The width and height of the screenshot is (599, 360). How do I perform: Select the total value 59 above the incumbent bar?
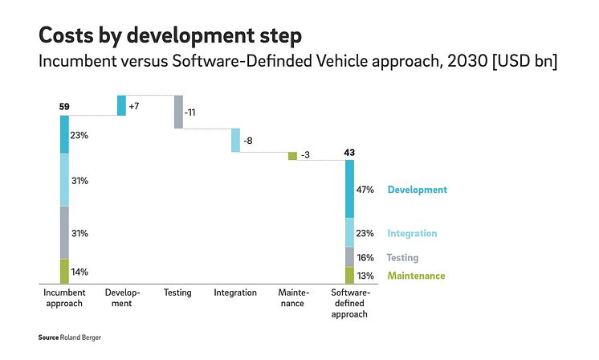(x=64, y=106)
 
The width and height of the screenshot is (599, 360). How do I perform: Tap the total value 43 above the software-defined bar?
(x=349, y=152)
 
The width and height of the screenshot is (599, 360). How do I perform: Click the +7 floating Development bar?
(x=121, y=105)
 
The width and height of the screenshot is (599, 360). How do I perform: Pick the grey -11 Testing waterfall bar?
(x=178, y=112)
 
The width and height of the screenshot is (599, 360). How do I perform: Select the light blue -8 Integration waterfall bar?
(x=235, y=140)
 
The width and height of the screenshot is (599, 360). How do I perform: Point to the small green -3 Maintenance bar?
(x=292, y=156)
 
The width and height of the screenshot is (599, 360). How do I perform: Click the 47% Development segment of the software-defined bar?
(x=349, y=190)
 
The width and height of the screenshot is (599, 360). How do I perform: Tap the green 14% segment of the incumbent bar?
(x=64, y=272)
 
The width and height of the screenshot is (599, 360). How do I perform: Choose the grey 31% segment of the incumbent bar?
(x=64, y=233)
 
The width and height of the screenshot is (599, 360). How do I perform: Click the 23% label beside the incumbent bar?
(x=79, y=135)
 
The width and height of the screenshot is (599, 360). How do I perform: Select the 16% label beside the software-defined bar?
(x=365, y=258)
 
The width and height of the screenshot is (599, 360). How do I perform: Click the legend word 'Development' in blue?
(x=417, y=190)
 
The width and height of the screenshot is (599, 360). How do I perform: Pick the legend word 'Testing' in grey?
(x=402, y=258)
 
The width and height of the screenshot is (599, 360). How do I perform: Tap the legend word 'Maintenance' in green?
(x=416, y=276)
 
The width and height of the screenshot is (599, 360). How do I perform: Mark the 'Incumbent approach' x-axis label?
(x=64, y=298)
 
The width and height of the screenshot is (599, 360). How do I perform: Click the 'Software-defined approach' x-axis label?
(x=349, y=304)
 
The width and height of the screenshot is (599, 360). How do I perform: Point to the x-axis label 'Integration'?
(x=235, y=293)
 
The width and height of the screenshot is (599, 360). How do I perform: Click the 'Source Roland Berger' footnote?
(x=70, y=337)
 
